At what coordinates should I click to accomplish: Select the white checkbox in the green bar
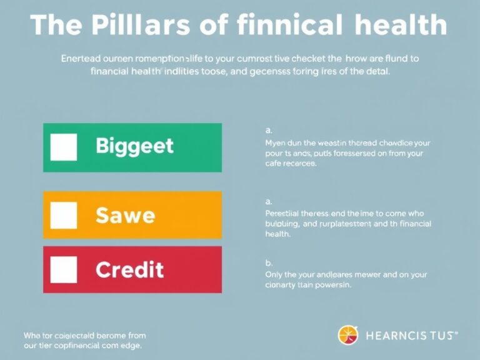pos(63,147)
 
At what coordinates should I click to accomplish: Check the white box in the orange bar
pos(63,215)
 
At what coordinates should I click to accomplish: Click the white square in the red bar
pos(63,269)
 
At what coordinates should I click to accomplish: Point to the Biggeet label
pos(134,147)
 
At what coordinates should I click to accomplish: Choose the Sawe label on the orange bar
pos(125,216)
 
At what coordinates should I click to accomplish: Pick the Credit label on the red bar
pos(129,270)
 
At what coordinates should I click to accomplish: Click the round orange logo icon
pos(349,334)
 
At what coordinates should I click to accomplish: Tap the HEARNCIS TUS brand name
pos(410,335)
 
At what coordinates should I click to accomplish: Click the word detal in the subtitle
pos(377,71)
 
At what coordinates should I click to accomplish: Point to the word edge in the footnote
pos(130,345)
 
